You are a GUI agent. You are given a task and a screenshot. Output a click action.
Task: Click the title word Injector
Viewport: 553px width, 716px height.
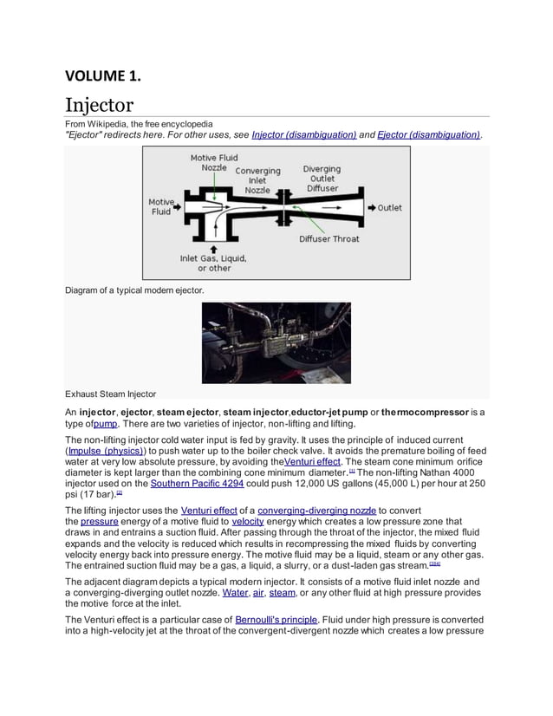[99, 105]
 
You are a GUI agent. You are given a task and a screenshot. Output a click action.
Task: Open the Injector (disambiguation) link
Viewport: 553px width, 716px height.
[303, 135]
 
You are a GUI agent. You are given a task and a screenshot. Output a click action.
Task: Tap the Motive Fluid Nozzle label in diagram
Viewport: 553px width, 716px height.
[214, 162]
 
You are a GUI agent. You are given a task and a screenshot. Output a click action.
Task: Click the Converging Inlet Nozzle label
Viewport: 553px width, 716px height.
[257, 180]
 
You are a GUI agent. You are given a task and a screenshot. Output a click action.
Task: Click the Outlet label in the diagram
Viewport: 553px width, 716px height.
[389, 208]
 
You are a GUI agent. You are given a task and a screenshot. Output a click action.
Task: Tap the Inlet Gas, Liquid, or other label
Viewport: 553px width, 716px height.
[213, 263]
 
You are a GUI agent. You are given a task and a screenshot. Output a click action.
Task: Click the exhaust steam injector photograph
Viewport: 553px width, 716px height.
[276, 342]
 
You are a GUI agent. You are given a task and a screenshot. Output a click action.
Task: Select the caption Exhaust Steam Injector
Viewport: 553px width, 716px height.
[111, 394]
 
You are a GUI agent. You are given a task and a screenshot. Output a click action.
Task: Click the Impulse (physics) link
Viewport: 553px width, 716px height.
[106, 452]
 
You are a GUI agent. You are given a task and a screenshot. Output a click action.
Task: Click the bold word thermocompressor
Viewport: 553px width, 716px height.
[427, 410]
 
